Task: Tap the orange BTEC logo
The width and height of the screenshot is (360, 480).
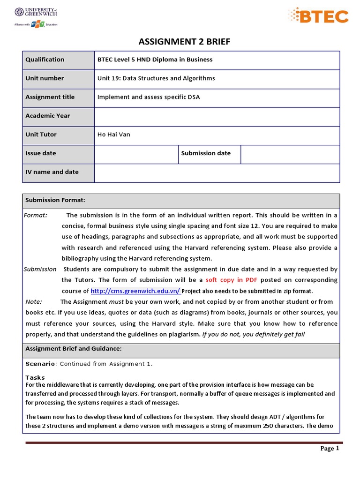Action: (x=318, y=16)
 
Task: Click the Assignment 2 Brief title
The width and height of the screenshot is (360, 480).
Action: (x=184, y=42)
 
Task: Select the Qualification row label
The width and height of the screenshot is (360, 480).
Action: (x=45, y=60)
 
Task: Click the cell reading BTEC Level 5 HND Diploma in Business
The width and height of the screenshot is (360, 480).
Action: (x=155, y=60)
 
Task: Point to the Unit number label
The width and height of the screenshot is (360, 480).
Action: (x=45, y=78)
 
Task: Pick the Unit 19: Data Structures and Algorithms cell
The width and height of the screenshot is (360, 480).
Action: (x=156, y=78)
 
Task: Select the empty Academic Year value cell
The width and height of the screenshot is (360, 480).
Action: (x=217, y=116)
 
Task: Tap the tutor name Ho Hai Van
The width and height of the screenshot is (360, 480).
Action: (x=114, y=135)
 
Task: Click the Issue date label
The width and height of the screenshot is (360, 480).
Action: (x=41, y=153)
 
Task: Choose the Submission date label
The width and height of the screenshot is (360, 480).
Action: (x=206, y=153)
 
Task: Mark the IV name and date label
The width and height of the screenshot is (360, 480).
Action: (x=52, y=172)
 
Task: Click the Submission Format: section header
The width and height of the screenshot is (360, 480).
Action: (x=55, y=200)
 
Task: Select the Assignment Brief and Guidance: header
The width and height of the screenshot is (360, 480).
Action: (x=74, y=349)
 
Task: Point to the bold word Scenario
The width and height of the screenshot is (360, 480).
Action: (x=40, y=364)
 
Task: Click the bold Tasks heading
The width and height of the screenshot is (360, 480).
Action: (x=35, y=377)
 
